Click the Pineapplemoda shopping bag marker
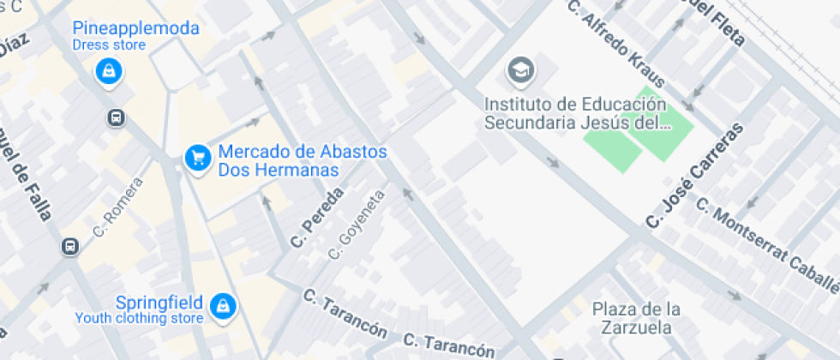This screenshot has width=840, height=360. pos(109,71)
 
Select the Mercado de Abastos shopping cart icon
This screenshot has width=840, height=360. pos(198,157)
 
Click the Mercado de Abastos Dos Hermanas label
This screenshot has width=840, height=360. pos(302,160)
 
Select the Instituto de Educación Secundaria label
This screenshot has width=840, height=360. pos(576,113)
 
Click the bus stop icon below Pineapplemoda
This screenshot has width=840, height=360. pos(116,117)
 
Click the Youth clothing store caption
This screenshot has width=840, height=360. pos(139,319)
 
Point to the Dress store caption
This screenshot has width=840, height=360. pos(108,45)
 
